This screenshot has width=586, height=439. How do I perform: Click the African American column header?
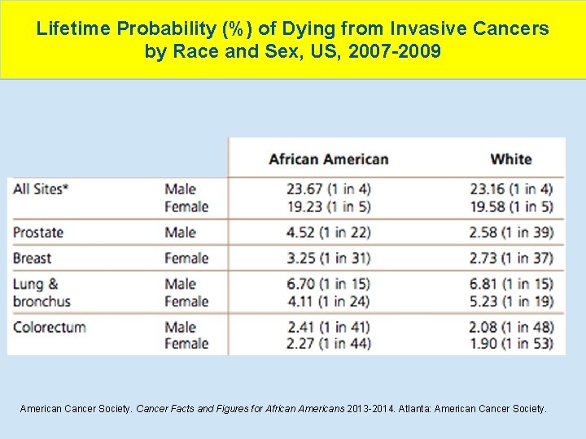point(328,159)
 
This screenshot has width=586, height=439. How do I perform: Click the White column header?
point(511,159)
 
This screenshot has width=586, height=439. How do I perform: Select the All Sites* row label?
point(41,189)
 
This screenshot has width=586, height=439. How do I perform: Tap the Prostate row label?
point(38,233)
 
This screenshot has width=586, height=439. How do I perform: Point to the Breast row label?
point(33,259)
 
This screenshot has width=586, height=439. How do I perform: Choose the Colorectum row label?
point(50,327)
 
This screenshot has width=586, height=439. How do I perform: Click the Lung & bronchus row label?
point(42,293)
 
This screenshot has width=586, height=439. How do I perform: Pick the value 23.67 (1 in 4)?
point(328,189)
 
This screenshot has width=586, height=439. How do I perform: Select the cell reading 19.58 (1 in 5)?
point(511,206)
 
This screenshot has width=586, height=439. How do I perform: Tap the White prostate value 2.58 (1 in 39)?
point(511,233)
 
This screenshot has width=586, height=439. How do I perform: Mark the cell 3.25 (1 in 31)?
point(328,259)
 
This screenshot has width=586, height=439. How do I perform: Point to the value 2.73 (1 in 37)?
point(511,259)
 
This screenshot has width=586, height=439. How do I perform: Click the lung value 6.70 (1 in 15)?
point(328,284)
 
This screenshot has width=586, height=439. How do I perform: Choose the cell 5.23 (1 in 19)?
point(511,302)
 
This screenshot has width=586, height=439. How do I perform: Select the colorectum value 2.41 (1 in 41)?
point(328,327)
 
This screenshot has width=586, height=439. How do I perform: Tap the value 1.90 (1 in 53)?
point(511,344)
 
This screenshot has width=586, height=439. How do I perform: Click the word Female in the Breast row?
point(186,259)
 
